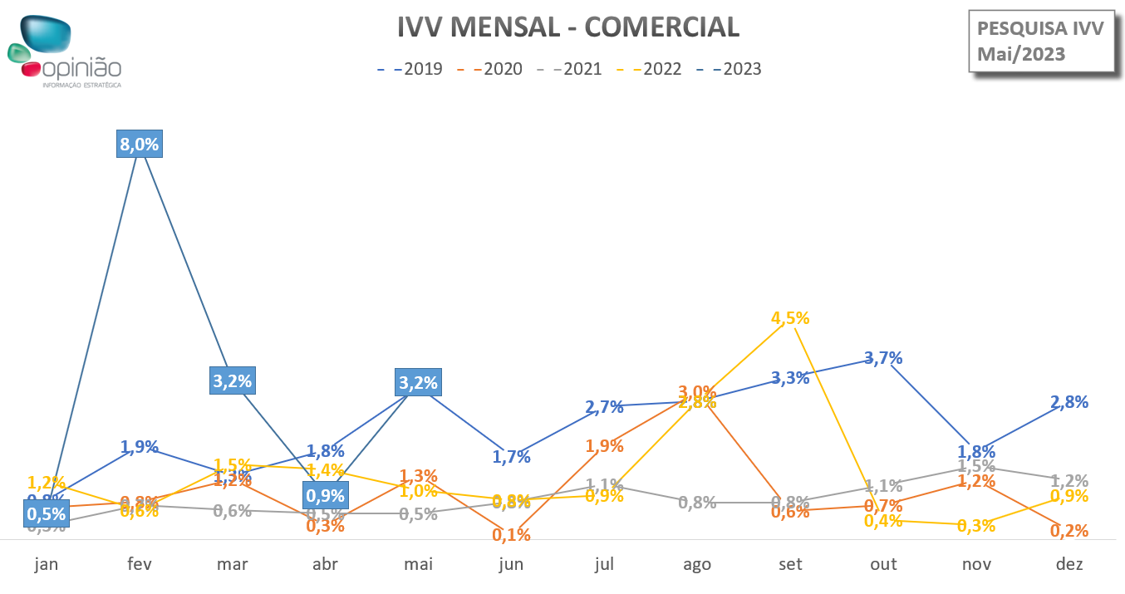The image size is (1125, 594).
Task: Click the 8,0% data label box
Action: point(139,144)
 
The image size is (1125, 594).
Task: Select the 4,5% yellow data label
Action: point(789,318)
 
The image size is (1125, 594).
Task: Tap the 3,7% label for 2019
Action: point(882,358)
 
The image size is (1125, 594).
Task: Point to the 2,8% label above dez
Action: point(1069,402)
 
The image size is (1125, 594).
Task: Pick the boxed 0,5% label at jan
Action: point(46,513)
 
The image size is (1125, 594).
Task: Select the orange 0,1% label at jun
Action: point(511,534)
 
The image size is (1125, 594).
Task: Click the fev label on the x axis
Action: point(139,564)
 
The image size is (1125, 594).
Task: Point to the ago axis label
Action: point(697,564)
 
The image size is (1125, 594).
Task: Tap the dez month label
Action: point(1069,564)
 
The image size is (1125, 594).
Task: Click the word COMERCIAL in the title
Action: point(661,27)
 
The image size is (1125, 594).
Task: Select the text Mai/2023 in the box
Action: point(1020,54)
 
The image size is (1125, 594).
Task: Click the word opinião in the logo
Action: point(83,69)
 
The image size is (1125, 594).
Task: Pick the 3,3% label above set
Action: point(789,378)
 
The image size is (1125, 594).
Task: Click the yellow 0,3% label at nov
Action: point(975,526)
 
